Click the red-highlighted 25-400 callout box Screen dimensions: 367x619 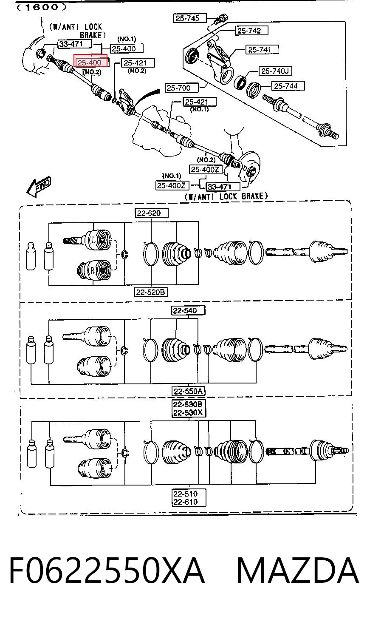(x=90, y=60)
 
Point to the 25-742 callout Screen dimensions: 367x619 (x=251, y=31)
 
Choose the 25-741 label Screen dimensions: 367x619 (x=262, y=50)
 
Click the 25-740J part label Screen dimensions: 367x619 (x=275, y=71)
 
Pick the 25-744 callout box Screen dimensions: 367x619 (x=288, y=86)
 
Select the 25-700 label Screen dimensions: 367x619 (x=181, y=88)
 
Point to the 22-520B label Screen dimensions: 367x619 (x=151, y=292)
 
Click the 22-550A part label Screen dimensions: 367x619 (x=188, y=391)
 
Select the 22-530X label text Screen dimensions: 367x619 (x=188, y=413)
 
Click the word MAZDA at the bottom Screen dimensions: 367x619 (x=298, y=571)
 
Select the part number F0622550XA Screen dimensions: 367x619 (x=107, y=571)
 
